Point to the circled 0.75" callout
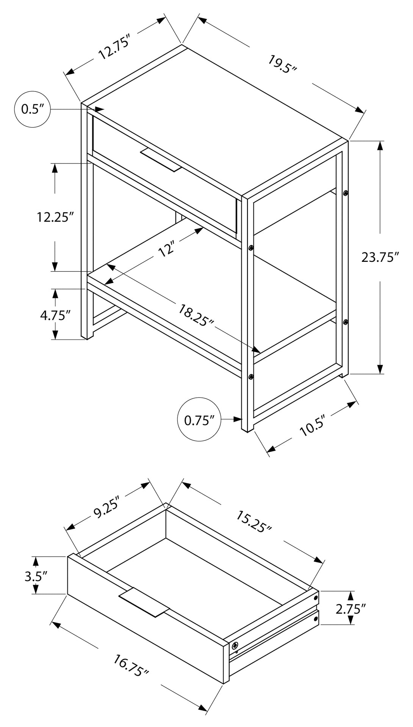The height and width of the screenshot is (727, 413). pyautogui.click(x=199, y=420)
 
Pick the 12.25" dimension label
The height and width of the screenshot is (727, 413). pyautogui.click(x=55, y=217)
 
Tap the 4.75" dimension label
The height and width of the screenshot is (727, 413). pyautogui.click(x=55, y=316)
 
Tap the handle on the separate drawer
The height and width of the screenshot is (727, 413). pyautogui.click(x=144, y=603)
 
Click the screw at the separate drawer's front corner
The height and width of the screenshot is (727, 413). pyautogui.click(x=235, y=645)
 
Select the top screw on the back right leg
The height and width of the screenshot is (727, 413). pyautogui.click(x=345, y=193)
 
